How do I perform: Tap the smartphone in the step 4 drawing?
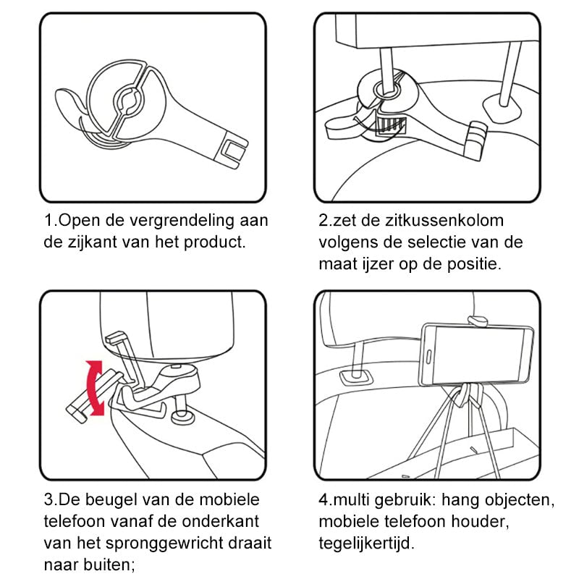tap(474, 355)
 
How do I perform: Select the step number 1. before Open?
tap(50, 220)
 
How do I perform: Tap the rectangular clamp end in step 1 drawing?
tap(233, 150)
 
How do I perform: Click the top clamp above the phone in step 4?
tap(477, 320)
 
